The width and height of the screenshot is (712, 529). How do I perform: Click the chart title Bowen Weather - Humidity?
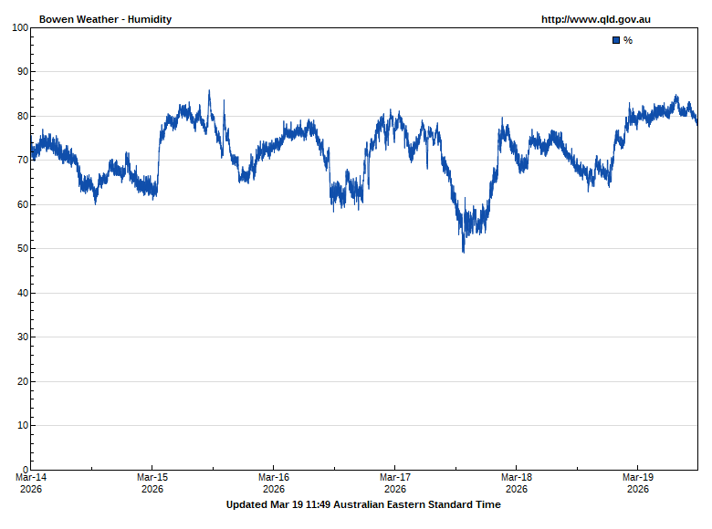point(105,19)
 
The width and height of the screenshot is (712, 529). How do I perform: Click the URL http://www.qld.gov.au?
point(595,19)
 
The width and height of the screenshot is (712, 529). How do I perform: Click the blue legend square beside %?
point(616,40)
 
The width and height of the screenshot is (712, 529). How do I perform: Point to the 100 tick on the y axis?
point(20,27)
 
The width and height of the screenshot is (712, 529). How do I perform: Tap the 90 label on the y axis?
point(23,71)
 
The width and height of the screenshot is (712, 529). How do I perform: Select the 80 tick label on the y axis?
point(23,116)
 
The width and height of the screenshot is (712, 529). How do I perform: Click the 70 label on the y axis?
point(23,160)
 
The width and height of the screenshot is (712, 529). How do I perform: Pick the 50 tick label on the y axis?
point(23,248)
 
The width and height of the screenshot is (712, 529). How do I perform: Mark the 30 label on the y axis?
point(23,337)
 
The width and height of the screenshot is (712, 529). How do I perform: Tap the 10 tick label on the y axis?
point(23,425)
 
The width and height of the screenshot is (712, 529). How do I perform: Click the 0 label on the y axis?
point(26,470)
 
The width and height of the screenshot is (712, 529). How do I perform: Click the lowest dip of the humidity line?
point(464,251)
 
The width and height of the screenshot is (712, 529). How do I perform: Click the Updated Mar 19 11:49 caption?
point(363,504)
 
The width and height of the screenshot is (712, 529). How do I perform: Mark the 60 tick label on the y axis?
point(23,204)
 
